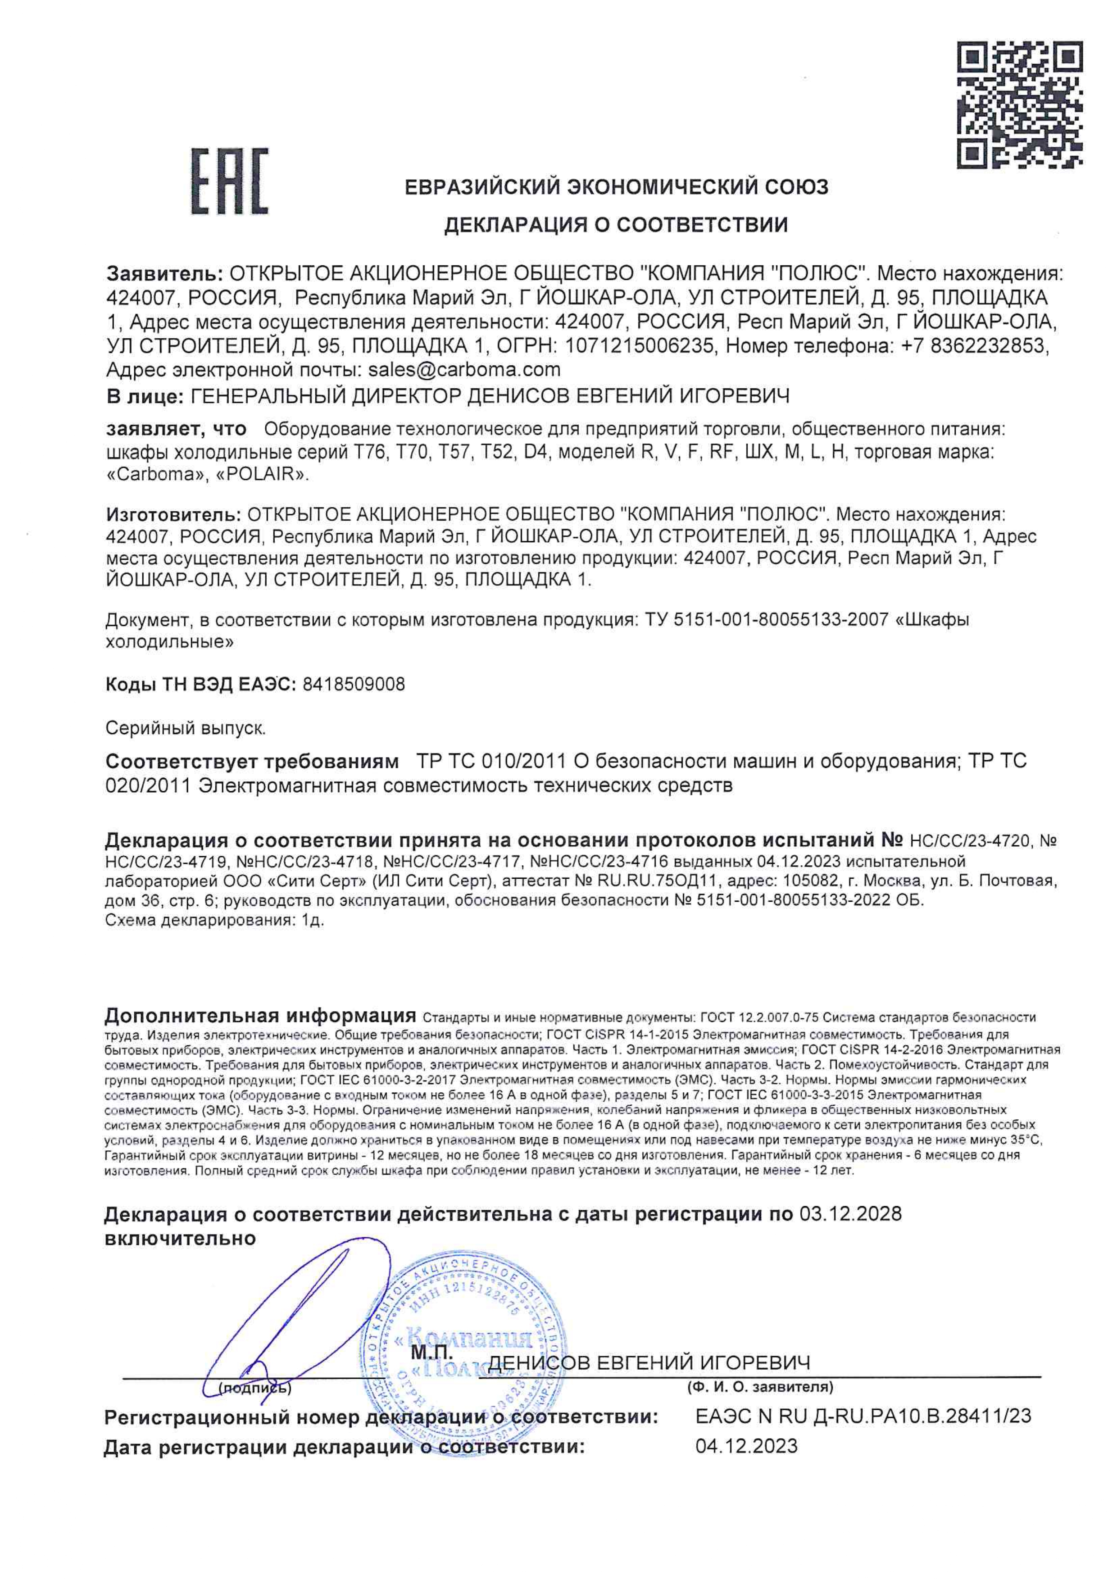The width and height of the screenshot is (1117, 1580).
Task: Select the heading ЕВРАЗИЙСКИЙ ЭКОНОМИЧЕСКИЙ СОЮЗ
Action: click(x=617, y=187)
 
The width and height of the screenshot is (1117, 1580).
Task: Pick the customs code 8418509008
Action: click(x=354, y=685)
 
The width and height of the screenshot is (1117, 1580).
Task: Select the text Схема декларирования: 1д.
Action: click(x=214, y=922)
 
